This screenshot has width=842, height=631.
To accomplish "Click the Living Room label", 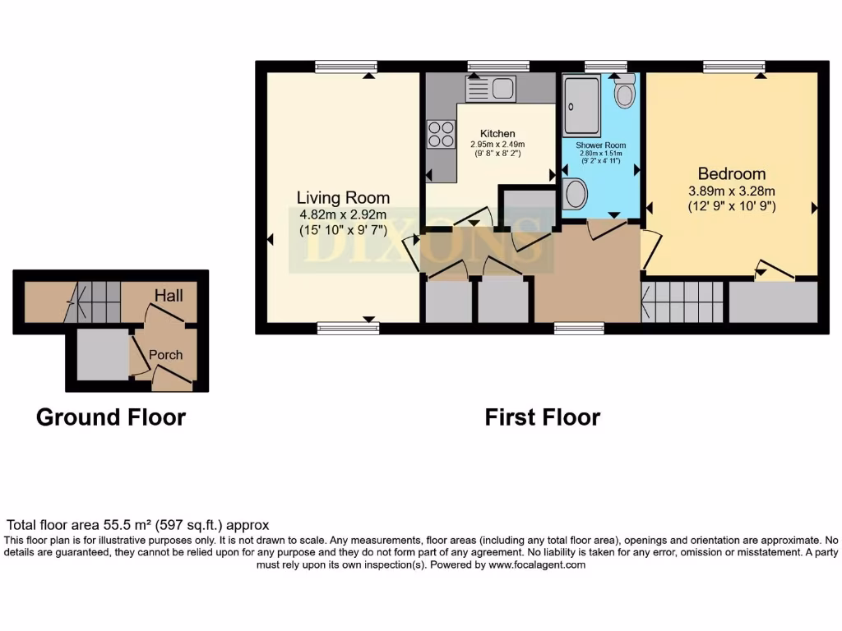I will pos(343,198).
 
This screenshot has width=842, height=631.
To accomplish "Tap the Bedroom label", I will pos(731,174).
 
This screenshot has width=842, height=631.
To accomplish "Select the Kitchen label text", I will pos(497,133).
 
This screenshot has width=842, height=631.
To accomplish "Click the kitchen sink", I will pos(490,88).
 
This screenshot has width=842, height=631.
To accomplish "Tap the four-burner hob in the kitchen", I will pos(442,134).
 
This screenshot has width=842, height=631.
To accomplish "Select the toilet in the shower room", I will pos(625,92).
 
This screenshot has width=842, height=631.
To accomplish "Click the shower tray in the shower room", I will pos(582,108).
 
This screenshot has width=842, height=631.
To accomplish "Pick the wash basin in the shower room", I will pos(575,195).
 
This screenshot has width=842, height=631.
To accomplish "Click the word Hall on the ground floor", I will pos(169,295).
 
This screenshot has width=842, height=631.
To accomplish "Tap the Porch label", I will pos(165,355).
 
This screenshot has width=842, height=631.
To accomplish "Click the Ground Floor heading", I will pos(111,417).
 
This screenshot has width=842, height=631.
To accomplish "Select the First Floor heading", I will pos(542,417).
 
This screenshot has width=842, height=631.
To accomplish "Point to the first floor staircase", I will pos(682,302).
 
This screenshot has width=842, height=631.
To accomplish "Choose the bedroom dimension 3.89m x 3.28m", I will pos(731,191).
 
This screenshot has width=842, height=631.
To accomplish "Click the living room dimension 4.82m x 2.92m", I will pos(343,215).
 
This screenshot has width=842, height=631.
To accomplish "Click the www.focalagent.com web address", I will pos(537,564).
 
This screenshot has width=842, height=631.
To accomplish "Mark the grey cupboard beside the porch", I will pos(102,354).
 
